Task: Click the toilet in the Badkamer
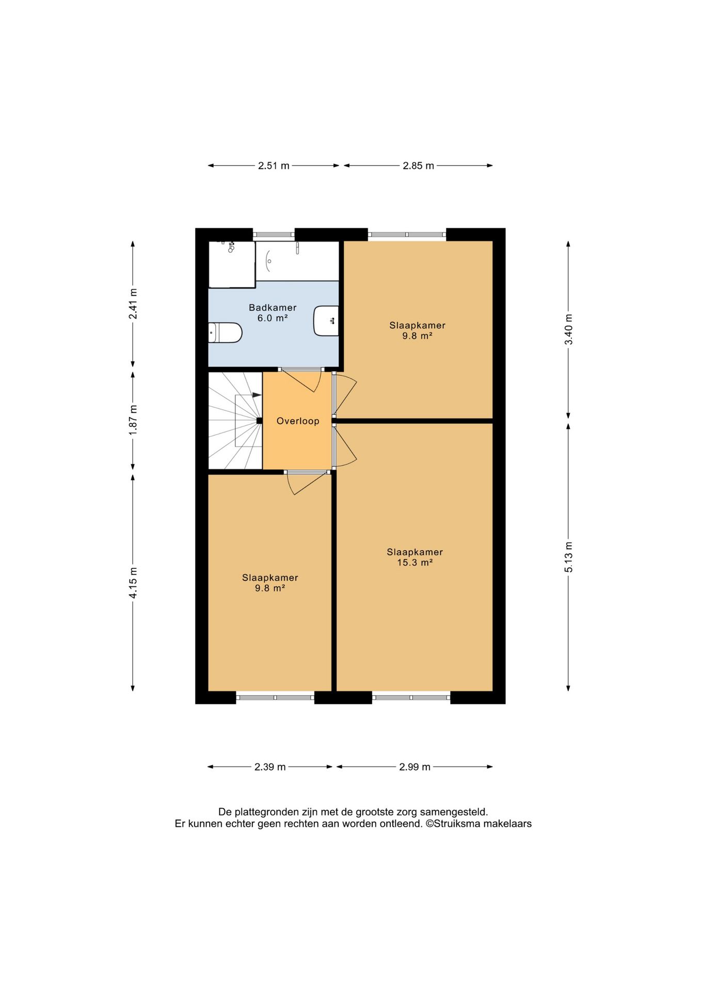[225, 333]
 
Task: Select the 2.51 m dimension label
[274, 166]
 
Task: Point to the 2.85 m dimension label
[418, 166]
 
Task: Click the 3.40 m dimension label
[568, 330]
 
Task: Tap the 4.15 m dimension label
[133, 583]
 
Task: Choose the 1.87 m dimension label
[133, 420]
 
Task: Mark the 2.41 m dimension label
[133, 303]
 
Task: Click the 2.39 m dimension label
[270, 767]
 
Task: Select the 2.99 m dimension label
[415, 767]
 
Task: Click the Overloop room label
[298, 421]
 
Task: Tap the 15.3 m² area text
[415, 563]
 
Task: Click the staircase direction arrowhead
[257, 395]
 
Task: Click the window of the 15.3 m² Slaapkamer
[411, 697]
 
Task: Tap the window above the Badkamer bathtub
[274, 235]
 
